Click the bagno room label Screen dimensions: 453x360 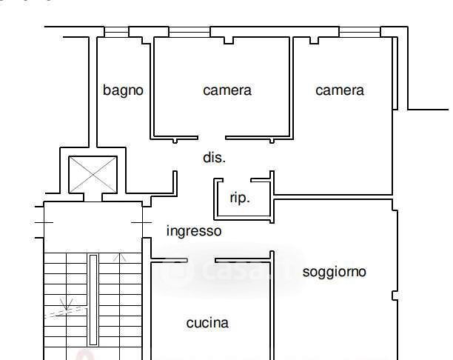(123, 90)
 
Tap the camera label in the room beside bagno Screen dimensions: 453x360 (227, 90)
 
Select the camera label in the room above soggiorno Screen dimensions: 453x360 (340, 90)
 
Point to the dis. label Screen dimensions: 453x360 (214, 158)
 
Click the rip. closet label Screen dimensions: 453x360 (240, 199)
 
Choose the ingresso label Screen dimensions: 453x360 (194, 231)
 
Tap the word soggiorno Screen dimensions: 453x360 (335, 272)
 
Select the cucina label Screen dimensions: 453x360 (207, 323)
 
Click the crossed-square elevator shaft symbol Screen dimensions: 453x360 (93, 174)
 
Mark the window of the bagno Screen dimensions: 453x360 (116, 32)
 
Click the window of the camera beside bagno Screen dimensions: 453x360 (189, 32)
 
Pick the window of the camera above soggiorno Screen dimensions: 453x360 (360, 32)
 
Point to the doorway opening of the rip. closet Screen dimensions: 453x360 (237, 180)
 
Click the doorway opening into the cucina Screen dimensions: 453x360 (201, 261)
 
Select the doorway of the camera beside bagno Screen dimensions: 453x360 (212, 138)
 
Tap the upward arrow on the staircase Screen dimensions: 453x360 (120, 258)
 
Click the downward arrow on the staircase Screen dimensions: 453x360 (66, 304)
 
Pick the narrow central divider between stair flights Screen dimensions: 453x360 (93, 300)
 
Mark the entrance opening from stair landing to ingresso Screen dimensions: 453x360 (147, 222)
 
